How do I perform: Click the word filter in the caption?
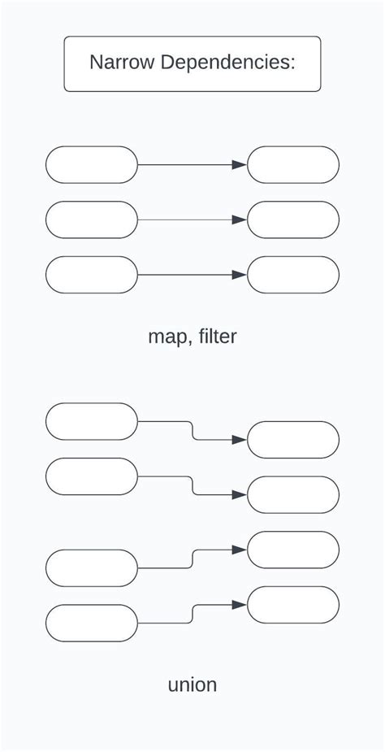click(x=218, y=336)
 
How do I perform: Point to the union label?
click(x=192, y=685)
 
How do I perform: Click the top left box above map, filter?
click(x=92, y=165)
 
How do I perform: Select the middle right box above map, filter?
click(x=293, y=220)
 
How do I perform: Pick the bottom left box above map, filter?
click(x=92, y=275)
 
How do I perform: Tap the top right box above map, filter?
click(x=293, y=165)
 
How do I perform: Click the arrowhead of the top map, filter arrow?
click(x=240, y=165)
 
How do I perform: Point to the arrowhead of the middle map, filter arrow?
click(x=240, y=220)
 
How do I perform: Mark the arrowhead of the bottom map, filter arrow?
click(x=240, y=275)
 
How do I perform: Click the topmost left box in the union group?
click(x=92, y=421)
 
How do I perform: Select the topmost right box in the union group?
click(x=293, y=440)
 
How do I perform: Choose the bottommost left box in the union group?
click(x=92, y=623)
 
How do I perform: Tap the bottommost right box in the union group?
click(x=293, y=605)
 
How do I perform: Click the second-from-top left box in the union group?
click(x=92, y=476)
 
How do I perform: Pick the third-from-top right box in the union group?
click(x=293, y=550)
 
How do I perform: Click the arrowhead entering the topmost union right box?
click(x=240, y=440)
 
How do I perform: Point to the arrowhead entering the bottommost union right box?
click(x=240, y=605)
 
